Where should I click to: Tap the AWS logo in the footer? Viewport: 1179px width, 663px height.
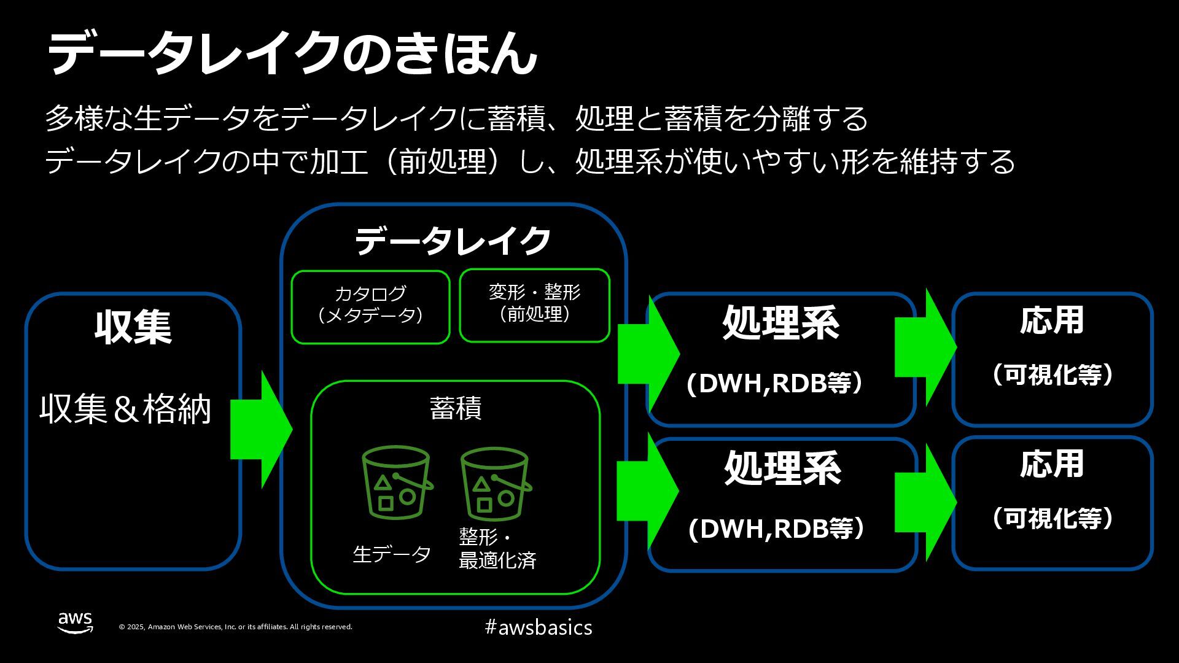coord(76,622)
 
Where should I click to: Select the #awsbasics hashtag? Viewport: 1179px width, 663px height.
coord(538,627)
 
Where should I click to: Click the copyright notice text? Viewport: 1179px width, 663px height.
coord(235,627)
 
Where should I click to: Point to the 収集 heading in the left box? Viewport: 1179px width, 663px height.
coord(133,327)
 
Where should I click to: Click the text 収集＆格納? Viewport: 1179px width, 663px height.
coord(126,409)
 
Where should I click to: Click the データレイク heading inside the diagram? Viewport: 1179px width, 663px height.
coord(453,241)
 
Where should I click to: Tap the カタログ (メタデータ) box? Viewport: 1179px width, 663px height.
coord(370,306)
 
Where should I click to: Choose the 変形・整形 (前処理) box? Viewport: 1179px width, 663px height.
coord(534,304)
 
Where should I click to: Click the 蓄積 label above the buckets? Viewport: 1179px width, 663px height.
coord(455,408)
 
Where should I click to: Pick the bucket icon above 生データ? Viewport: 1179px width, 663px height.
coord(396,483)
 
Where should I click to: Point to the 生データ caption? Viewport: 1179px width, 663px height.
coord(392,554)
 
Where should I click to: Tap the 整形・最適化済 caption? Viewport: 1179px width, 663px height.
coord(497,548)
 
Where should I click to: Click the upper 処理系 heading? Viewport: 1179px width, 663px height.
coord(780,323)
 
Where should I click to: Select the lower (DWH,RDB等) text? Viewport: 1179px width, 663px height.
coord(777,529)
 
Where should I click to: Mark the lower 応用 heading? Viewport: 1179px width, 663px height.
coord(1052,465)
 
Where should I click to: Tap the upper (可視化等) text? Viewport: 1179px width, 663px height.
coord(1053,374)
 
